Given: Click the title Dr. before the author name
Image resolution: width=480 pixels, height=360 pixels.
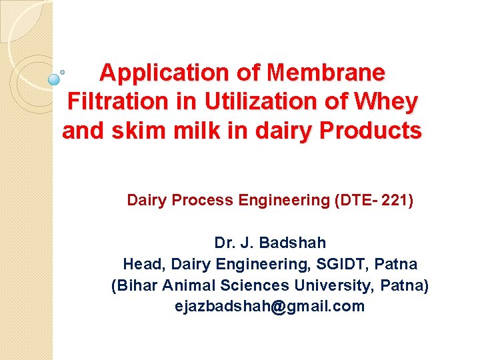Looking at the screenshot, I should (x=224, y=243).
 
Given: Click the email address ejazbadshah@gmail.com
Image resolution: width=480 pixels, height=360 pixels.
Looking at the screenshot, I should (x=269, y=307).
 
